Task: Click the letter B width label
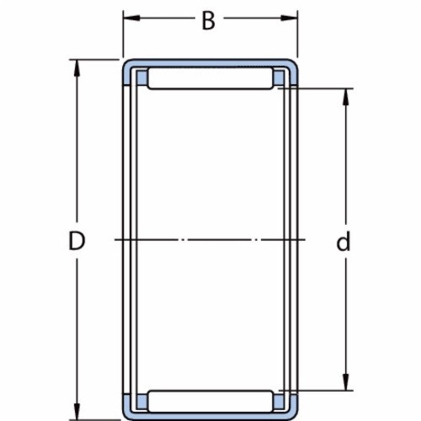point(208,21)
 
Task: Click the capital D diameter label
point(77,242)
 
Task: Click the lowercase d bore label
point(343,242)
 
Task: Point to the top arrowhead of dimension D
point(78,66)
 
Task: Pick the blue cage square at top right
point(280,78)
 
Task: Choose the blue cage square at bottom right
point(280,401)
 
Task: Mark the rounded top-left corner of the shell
point(128,64)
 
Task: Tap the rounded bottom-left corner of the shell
point(128,414)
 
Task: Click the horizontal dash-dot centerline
point(210,241)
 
